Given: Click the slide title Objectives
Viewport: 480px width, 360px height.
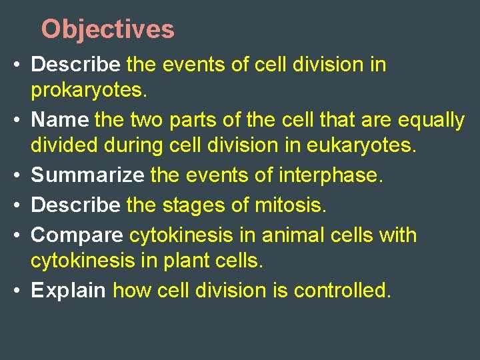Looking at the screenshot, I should (x=107, y=29).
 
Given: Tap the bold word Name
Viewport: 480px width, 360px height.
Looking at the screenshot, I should (x=60, y=120).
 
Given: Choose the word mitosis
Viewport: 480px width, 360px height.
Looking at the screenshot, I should (x=291, y=205).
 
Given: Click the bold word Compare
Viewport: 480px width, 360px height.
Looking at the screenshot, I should (x=77, y=235).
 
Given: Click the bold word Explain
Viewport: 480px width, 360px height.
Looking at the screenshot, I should (x=69, y=291).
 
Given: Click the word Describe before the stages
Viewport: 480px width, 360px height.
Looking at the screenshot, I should (x=76, y=205).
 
